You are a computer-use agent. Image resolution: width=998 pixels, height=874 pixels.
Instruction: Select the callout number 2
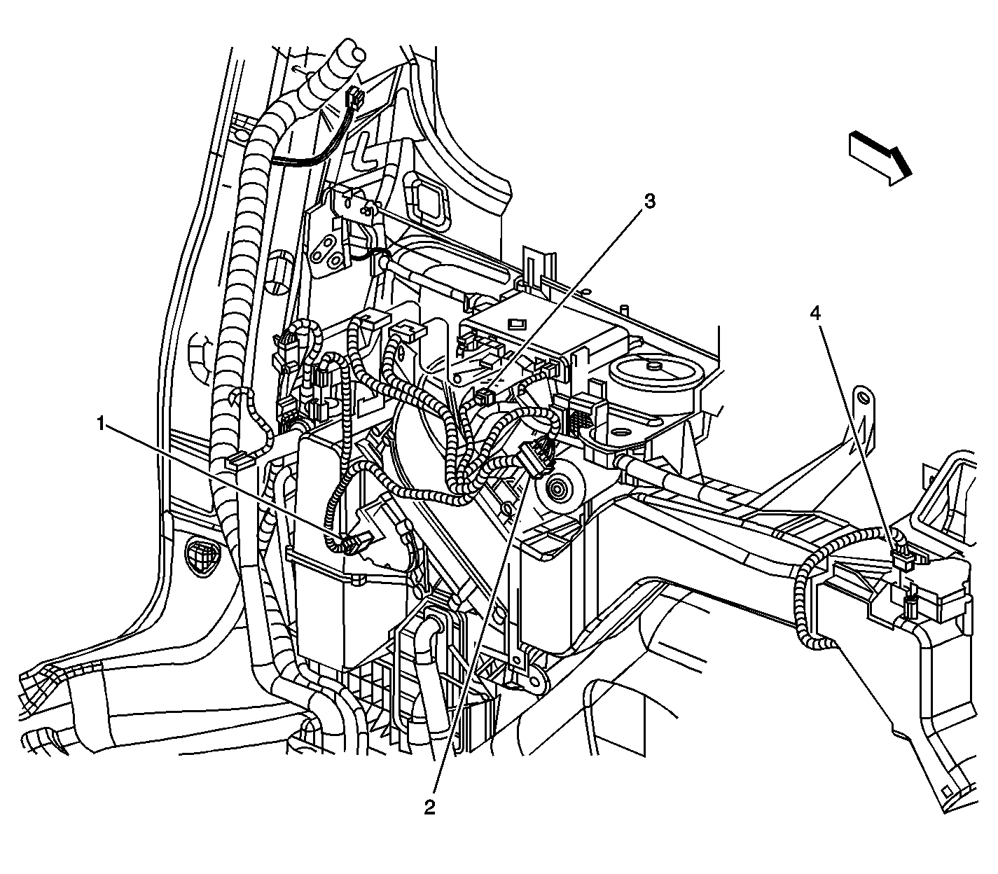[429, 807]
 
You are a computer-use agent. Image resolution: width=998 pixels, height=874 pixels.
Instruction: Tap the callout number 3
[649, 202]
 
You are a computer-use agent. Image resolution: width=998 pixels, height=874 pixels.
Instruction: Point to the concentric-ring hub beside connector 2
[560, 489]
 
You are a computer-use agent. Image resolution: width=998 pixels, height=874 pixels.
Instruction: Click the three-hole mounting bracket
[329, 251]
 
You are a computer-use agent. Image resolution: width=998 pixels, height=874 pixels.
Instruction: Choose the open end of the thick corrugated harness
[347, 52]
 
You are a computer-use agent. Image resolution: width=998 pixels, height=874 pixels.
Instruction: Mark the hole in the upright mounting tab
[864, 398]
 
